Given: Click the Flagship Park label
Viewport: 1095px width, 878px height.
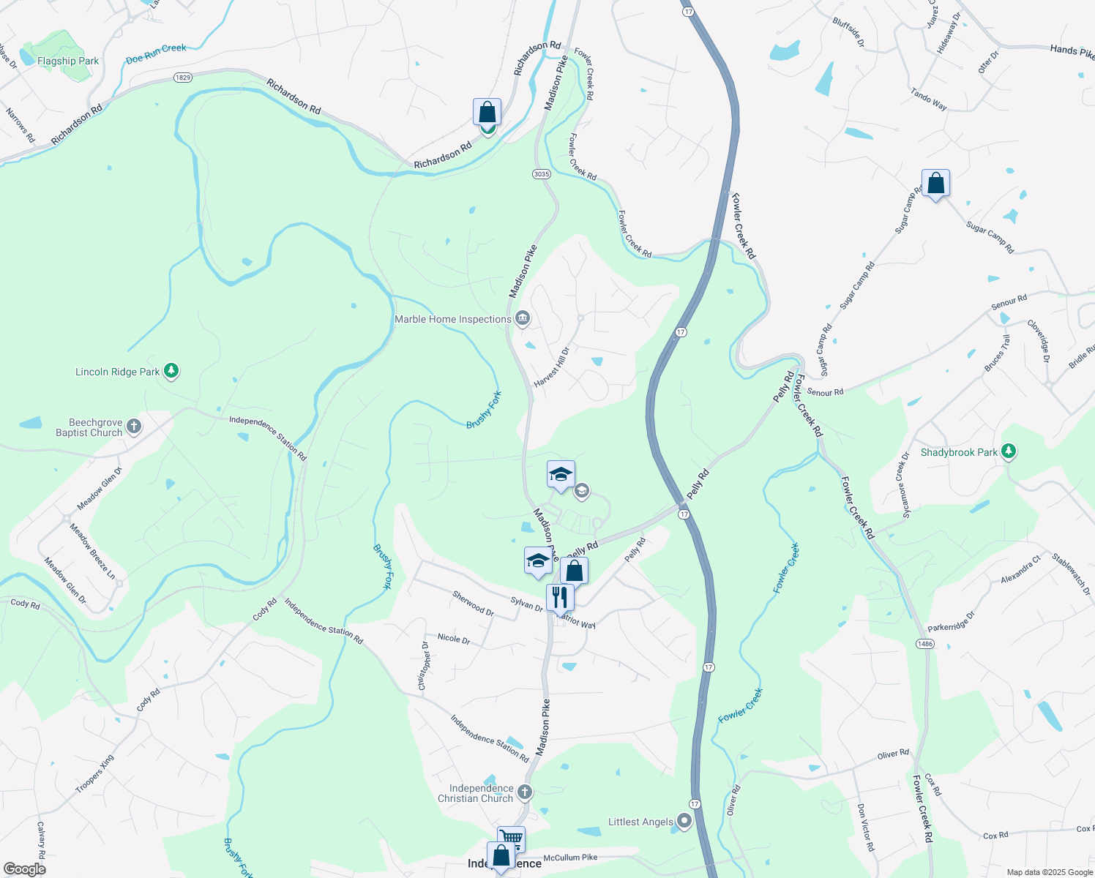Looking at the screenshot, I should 68,61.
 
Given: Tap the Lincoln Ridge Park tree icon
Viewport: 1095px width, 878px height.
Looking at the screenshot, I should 171,372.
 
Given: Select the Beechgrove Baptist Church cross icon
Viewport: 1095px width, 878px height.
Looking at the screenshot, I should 133,427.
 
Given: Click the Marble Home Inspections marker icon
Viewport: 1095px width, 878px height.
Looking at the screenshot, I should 523,318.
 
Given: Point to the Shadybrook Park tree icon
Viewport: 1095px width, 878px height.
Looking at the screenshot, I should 1009,451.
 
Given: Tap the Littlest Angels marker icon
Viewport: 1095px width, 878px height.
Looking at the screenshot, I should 684,822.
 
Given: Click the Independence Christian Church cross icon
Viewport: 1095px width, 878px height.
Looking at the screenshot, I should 524,792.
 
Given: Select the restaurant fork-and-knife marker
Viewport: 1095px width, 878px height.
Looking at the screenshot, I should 559,596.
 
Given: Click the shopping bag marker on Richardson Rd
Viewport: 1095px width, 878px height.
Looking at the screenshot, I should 487,113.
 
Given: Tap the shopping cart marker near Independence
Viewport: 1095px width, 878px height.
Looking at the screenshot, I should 511,838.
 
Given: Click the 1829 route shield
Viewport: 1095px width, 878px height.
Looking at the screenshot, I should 183,78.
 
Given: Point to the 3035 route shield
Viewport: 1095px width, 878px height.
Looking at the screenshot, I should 542,174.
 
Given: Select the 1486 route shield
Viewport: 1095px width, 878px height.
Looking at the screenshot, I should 925,643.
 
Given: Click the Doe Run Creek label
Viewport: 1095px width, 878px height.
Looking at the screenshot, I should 156,53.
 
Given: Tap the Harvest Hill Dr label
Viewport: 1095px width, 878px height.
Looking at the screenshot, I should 551,367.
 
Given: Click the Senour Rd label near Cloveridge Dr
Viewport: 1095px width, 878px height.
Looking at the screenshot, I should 1009,301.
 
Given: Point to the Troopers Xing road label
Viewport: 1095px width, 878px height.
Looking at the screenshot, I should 95,774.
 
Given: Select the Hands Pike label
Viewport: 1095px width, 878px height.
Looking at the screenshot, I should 1072,50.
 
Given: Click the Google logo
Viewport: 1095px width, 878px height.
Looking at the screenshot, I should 24,868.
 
